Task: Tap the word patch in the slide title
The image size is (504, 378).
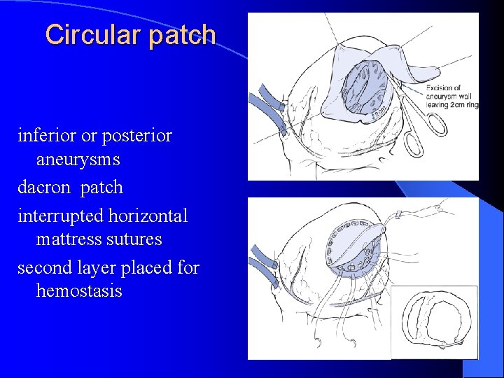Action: pos(182,34)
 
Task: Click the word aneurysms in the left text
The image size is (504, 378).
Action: pos(78,160)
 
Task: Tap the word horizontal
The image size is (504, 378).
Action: pos(148,216)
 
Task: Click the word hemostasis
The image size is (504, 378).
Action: pos(79,290)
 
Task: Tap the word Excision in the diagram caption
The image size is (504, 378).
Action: pos(442,87)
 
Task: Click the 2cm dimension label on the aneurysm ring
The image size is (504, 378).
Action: pos(379,109)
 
